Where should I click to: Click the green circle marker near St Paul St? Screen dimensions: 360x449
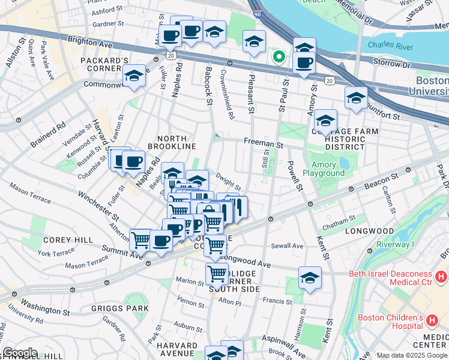(279, 57)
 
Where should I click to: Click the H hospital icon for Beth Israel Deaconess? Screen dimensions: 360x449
(441, 277)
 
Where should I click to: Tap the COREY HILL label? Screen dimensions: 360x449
(73, 239)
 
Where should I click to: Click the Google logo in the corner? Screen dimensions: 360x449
(19, 352)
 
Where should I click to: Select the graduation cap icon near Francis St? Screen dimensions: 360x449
(310, 277)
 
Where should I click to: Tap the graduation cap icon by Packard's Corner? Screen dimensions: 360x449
(134, 76)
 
